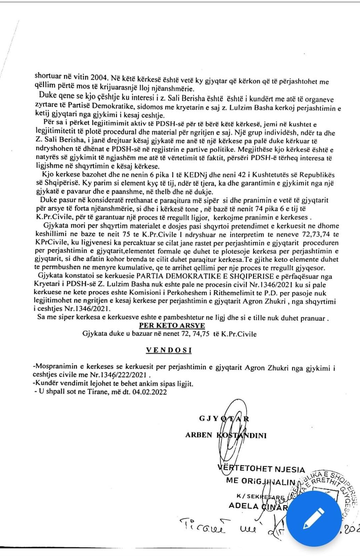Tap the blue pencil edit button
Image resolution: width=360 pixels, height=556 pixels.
pos(313,516)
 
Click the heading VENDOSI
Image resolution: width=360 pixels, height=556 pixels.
pos(169,350)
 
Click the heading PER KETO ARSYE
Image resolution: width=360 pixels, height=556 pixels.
pos(172,326)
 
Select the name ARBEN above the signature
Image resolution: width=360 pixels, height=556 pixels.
pos(199,435)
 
